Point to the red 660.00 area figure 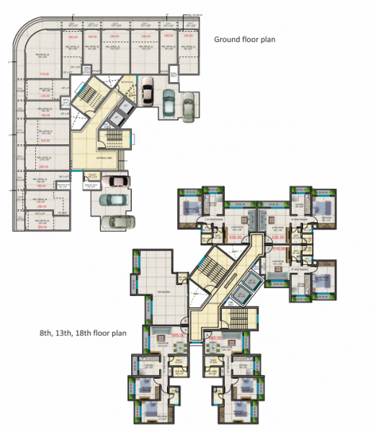tap(214, 337)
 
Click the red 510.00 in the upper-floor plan tap(278, 249)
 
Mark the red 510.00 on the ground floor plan tap(44, 74)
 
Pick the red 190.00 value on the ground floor tap(44, 115)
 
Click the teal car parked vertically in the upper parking tap(167, 102)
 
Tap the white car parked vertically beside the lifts tap(147, 92)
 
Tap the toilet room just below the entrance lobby tap(91, 176)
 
